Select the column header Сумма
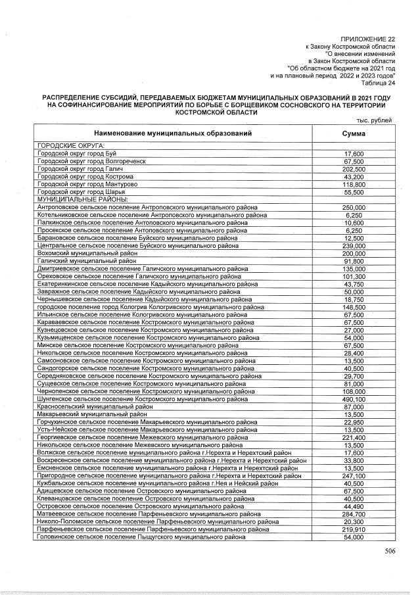354,133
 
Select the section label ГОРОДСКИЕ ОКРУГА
72,145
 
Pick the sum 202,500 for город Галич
354,169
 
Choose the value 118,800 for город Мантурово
354,185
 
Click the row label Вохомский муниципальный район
87,253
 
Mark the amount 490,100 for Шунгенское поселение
354,399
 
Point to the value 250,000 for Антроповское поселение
354,207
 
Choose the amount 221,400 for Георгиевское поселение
354,437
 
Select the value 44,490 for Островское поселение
354,506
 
